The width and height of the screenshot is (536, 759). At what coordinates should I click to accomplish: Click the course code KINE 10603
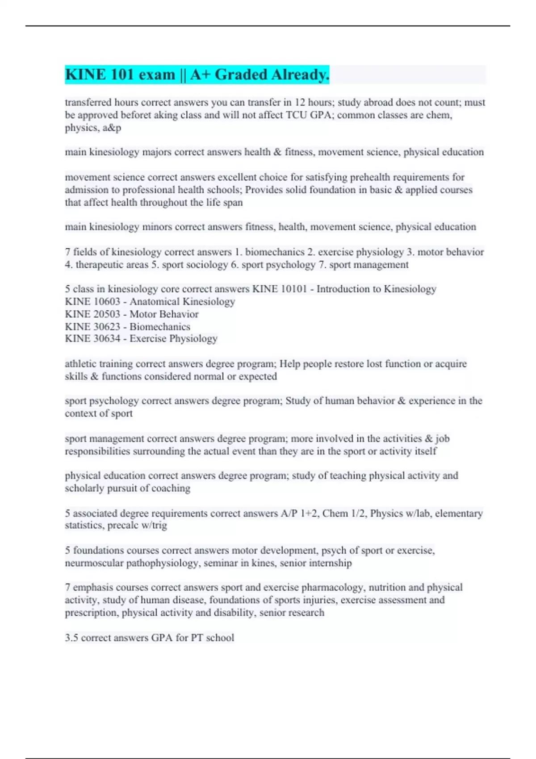(x=92, y=302)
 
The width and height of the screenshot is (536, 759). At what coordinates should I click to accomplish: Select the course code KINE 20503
(x=92, y=314)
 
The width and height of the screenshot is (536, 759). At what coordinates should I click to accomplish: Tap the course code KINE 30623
(x=92, y=327)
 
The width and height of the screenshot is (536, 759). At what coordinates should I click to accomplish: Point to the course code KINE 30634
(x=92, y=339)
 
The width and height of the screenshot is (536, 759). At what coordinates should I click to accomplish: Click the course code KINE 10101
(x=280, y=289)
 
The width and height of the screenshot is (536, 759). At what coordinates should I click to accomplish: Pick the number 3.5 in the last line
(x=71, y=638)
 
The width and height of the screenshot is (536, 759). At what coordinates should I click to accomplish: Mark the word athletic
(x=80, y=364)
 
